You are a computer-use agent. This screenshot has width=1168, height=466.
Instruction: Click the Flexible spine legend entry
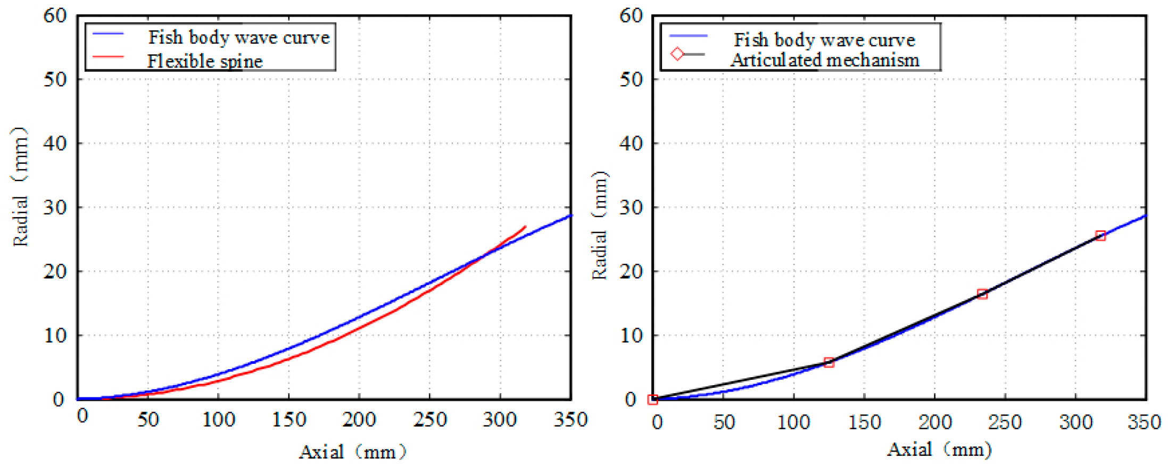point(205,61)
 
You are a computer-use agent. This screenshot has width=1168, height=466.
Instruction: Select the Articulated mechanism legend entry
point(824,60)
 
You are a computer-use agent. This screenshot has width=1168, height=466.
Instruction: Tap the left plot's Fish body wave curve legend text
point(239,37)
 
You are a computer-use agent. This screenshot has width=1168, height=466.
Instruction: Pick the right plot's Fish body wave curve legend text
point(824,40)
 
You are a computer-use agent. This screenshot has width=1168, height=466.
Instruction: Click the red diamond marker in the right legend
point(677,54)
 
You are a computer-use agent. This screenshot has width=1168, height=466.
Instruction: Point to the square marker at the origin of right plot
point(653,400)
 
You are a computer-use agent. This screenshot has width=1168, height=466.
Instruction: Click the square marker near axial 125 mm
point(829,363)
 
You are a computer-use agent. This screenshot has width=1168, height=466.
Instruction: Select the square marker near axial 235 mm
point(982,294)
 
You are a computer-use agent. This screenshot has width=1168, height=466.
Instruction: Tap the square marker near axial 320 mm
point(1100,236)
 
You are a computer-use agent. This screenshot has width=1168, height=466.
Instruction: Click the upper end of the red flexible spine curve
point(525,227)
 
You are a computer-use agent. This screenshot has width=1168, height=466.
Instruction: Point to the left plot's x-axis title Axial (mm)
point(352,452)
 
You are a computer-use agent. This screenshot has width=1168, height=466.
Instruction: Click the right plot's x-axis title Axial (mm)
point(939,450)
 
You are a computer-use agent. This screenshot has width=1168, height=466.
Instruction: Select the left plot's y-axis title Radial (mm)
point(20,186)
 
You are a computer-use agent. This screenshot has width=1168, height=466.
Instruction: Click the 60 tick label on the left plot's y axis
point(55,16)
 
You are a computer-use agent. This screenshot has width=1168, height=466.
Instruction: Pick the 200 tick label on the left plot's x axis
point(359,420)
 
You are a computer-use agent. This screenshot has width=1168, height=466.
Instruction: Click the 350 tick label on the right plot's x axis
point(1144,422)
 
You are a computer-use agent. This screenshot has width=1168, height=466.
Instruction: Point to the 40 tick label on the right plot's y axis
point(631,143)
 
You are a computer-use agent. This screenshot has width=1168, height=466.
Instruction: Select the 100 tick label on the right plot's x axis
point(793,422)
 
